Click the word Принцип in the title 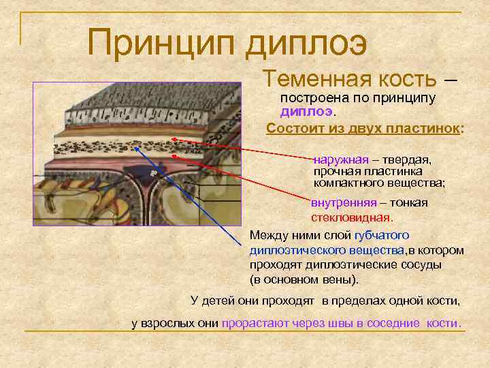click(161, 43)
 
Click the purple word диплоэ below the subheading click(306, 112)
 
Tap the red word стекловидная click(352, 218)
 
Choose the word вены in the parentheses click(342, 280)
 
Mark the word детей click(219, 300)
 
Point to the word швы click(336, 322)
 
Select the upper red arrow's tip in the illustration click(173, 139)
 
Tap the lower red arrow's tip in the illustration click(174, 156)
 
